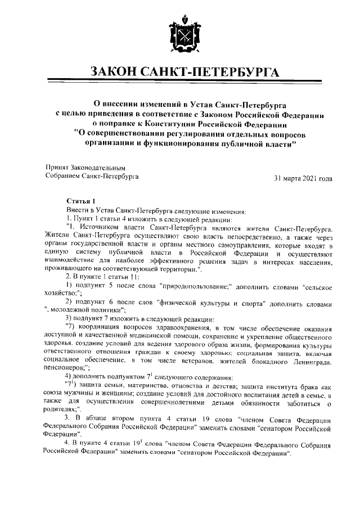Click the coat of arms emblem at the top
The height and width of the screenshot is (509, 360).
179,37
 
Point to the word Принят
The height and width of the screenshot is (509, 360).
57,168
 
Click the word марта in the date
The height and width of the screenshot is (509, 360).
290,178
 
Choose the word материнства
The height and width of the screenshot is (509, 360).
144,385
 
